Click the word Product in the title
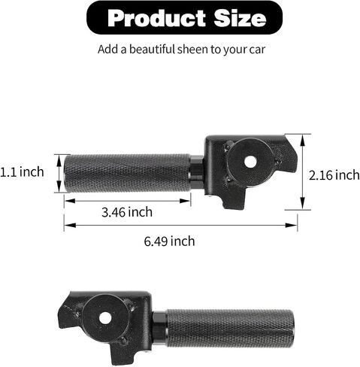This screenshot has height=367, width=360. pos(156,18)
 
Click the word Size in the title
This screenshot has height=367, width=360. pos(240,18)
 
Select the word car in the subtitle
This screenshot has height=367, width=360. pos(257,50)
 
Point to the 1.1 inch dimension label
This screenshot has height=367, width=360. pos(22,172)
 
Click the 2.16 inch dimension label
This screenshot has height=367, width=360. pos(334,175)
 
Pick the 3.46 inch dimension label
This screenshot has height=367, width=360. pos(127,212)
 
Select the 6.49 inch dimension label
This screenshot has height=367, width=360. pos(169,241)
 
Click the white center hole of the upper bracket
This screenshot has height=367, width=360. pos(250,162)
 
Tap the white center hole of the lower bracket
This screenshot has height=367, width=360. pos(105,318)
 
